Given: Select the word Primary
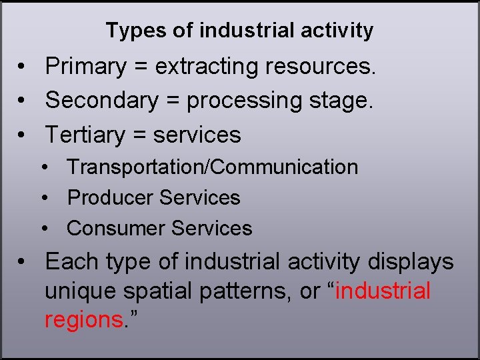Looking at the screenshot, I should pyautogui.click(x=86, y=67).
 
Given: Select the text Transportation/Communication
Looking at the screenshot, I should pyautogui.click(x=213, y=167).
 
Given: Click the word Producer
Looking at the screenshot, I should pyautogui.click(x=110, y=197).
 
